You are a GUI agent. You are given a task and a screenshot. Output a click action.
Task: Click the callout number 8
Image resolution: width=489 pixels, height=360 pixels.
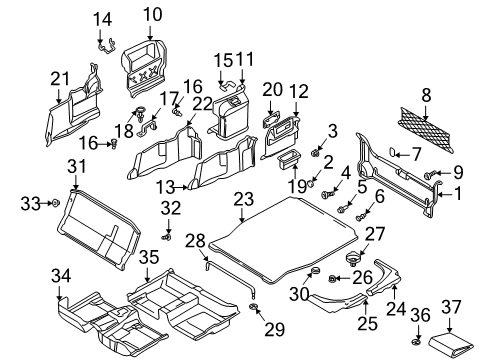(426, 95)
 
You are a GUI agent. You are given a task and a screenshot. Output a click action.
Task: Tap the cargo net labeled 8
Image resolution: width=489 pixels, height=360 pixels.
(426, 130)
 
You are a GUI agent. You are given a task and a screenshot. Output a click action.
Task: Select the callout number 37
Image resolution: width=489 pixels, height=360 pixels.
(451, 307)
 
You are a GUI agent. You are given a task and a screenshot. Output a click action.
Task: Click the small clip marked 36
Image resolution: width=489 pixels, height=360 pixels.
(416, 342)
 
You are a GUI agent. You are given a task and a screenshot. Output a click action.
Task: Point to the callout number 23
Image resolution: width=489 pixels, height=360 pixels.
(244, 199)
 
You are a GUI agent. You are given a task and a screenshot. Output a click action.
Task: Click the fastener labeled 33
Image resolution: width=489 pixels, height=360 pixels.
(55, 202)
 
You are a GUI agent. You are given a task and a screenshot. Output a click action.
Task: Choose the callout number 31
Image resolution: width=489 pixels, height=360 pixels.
(77, 166)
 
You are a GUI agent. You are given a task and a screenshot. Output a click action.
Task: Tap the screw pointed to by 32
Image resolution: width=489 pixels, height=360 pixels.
(167, 237)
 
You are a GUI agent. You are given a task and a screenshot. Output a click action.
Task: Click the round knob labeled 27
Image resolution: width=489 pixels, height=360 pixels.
(352, 259)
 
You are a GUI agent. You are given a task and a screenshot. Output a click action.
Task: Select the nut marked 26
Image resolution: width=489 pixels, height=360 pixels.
(332, 278)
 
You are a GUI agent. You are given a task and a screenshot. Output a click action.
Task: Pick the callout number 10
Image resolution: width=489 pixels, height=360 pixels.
(153, 15)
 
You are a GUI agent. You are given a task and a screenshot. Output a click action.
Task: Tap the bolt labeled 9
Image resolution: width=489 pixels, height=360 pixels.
(430, 174)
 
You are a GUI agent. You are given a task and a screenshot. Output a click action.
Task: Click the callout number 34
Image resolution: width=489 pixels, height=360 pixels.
(61, 276)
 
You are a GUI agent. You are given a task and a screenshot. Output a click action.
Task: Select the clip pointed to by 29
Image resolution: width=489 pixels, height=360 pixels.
(254, 307)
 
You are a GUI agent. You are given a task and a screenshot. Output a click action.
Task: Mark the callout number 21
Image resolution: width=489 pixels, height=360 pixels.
(60, 79)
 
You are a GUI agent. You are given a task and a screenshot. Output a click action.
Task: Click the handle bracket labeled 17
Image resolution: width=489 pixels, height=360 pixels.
(147, 129)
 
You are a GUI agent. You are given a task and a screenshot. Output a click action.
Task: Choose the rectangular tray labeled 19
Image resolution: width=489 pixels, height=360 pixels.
(289, 159)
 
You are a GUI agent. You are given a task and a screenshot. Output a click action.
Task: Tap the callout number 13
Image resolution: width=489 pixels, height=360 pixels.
(166, 188)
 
